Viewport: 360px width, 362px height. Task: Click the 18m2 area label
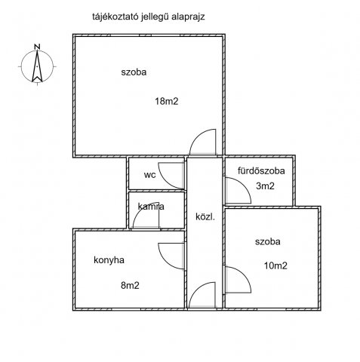(167, 101)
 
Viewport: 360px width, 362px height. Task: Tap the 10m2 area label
(275, 265)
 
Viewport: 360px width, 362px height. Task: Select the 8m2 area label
(130, 285)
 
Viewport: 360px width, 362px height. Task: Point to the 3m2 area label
(265, 186)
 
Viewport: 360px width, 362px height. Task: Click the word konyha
(109, 260)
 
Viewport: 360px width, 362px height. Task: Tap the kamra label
(151, 207)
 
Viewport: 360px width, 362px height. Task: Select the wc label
(150, 175)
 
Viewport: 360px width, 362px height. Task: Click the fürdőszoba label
(261, 171)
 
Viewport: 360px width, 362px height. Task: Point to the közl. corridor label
(205, 216)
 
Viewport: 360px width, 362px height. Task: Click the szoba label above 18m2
(134, 72)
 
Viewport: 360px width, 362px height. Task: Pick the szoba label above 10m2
(268, 241)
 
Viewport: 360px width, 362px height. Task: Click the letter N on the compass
(37, 47)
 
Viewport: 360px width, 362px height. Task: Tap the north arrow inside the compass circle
(37, 66)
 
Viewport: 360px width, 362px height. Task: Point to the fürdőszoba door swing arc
(245, 184)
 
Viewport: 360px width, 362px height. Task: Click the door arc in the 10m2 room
(245, 273)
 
